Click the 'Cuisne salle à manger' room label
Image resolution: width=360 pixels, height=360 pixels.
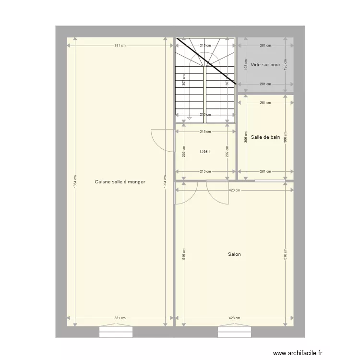[120, 182]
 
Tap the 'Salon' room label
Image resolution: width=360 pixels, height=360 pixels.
[234, 254]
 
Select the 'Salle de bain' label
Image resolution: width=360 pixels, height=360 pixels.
[265, 137]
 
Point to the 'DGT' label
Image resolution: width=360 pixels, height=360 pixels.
[205, 152]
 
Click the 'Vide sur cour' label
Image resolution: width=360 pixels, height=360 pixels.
[265, 64]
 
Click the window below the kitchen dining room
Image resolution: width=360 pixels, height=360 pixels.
[116, 331]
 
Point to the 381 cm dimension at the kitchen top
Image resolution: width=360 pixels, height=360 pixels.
[120, 46]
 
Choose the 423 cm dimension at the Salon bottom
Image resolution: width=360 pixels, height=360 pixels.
[234, 318]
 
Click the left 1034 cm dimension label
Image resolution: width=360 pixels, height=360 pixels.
[75, 182]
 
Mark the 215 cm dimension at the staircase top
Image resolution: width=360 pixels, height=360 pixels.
[205, 46]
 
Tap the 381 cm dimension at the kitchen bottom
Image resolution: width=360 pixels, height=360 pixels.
[120, 318]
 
